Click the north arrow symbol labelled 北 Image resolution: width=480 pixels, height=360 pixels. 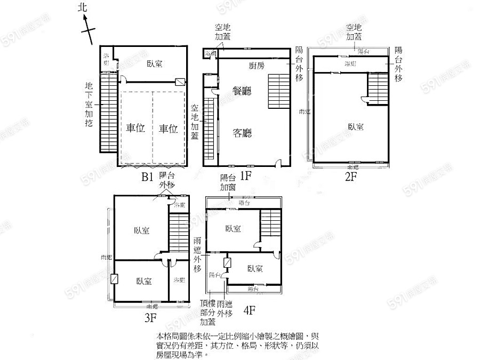85,21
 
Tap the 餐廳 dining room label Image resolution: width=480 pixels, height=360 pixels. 243,91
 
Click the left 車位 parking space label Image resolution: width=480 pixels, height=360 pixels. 136,129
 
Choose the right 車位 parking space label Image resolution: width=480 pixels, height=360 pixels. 168,129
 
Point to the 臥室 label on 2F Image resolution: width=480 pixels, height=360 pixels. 356,126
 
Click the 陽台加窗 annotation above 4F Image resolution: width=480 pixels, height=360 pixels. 228,183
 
